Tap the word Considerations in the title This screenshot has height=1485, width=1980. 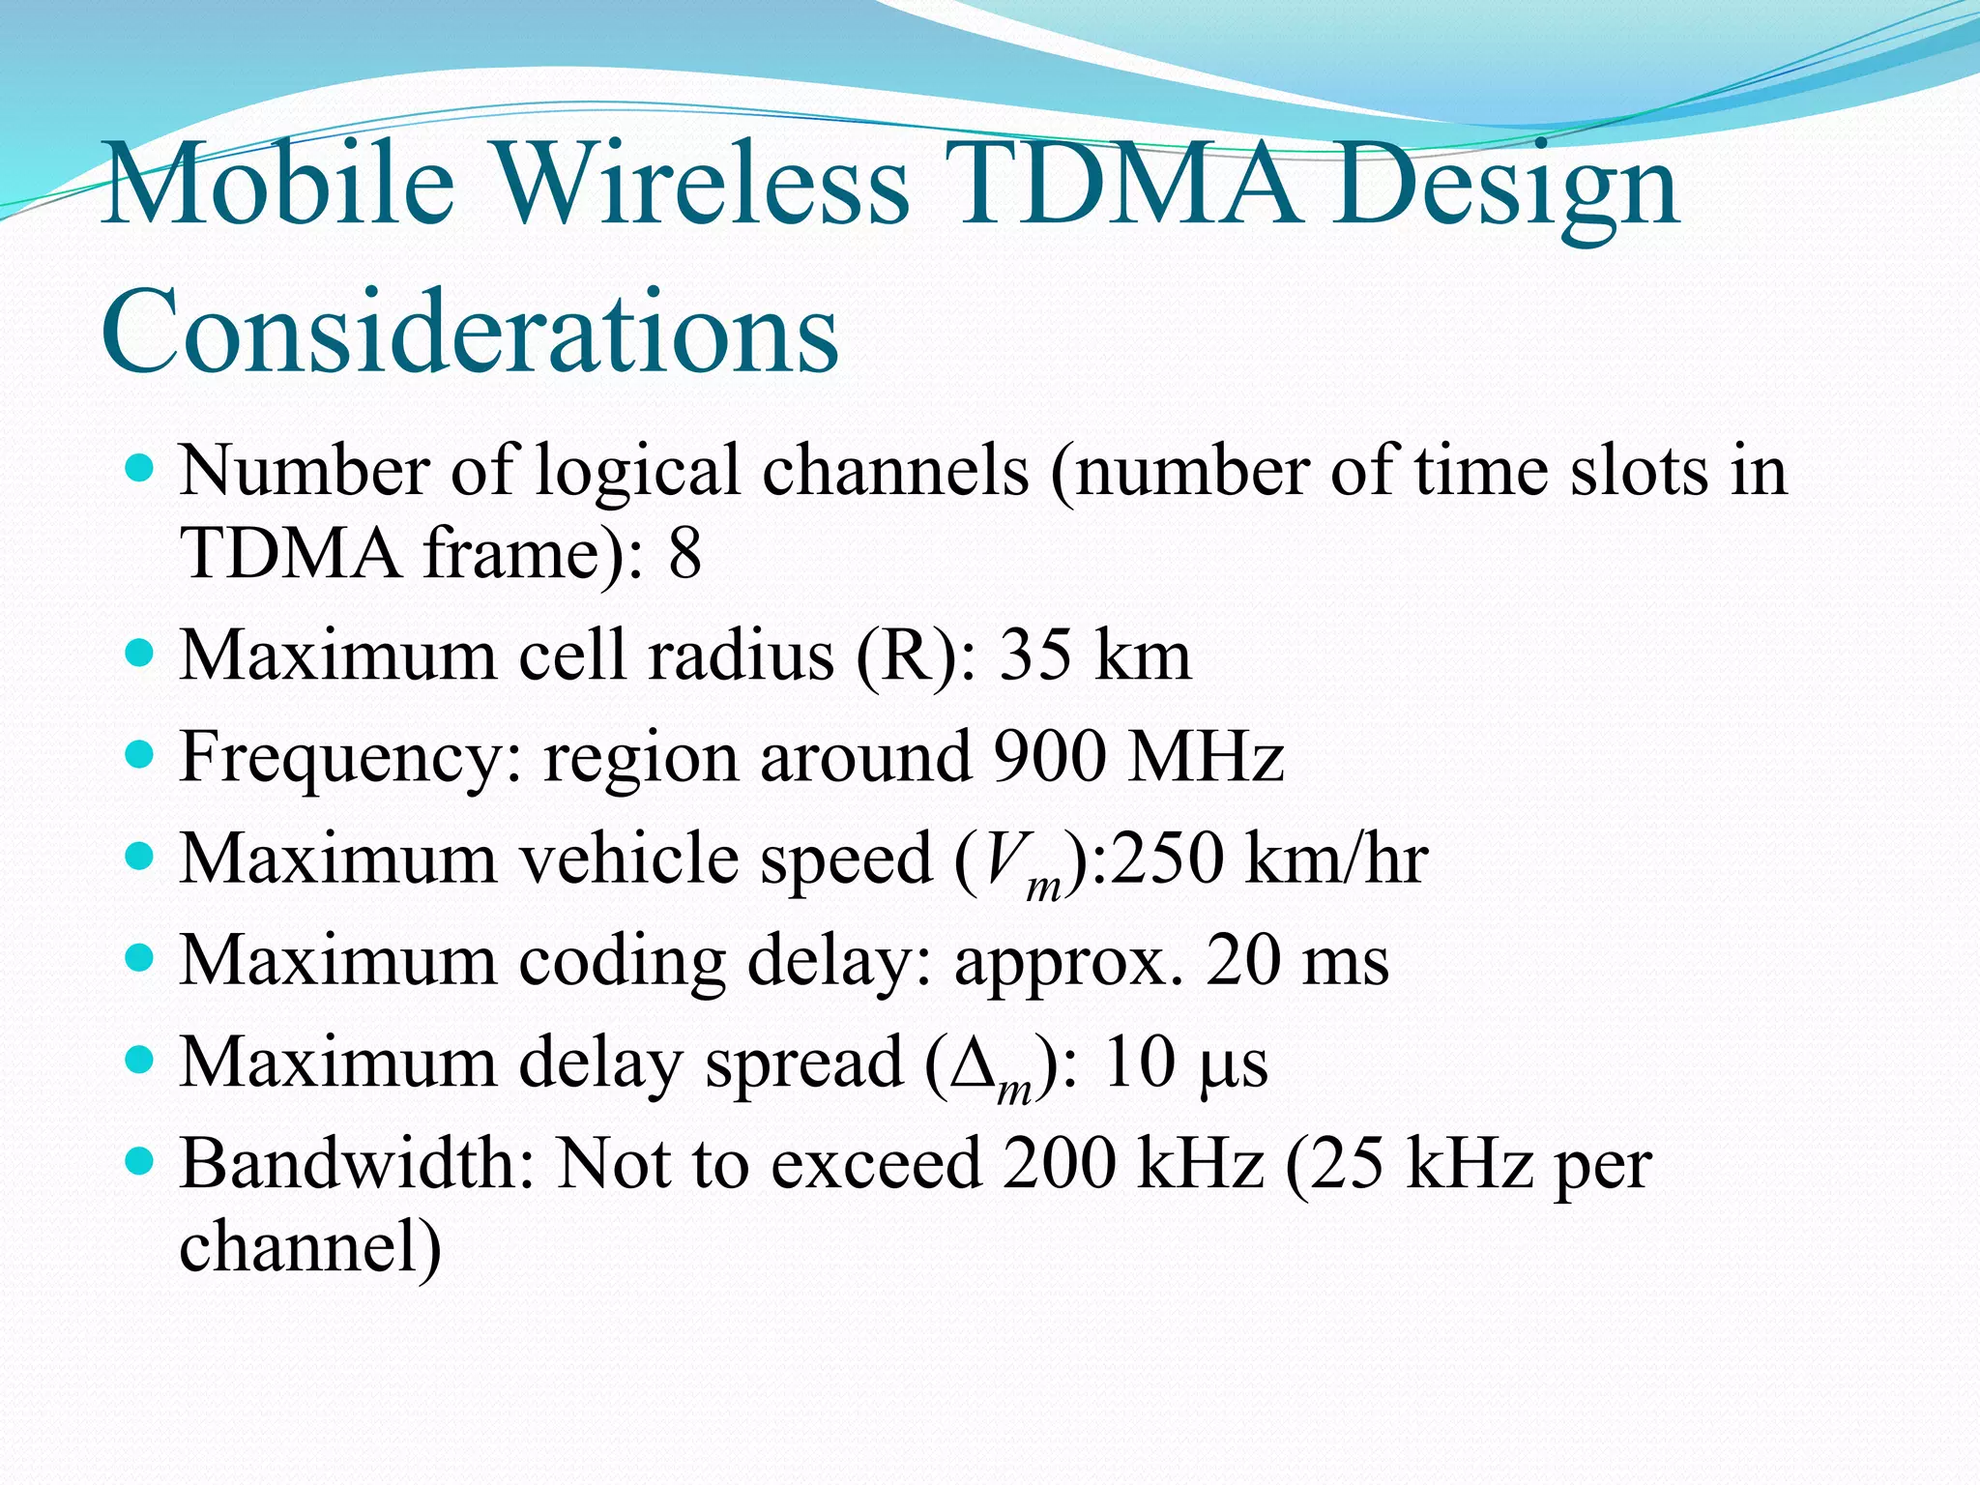[470, 332]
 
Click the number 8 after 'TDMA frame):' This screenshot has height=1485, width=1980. [684, 553]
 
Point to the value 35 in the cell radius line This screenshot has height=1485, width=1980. [1034, 655]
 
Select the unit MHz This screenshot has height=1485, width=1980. [1207, 757]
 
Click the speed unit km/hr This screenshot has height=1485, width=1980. [1336, 859]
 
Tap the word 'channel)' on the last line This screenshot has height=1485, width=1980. [310, 1247]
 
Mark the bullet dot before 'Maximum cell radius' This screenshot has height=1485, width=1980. [140, 653]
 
